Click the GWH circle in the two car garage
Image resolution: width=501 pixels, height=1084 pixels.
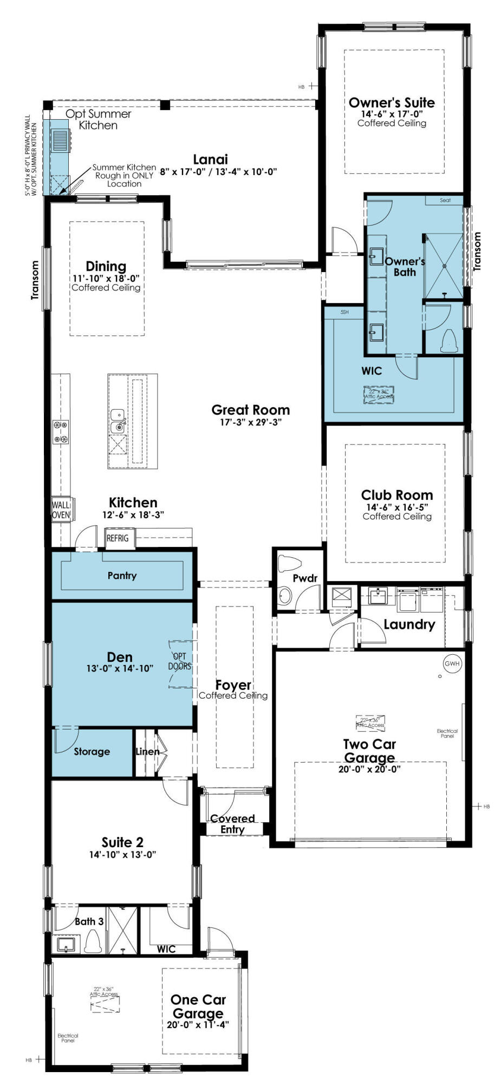click(x=452, y=663)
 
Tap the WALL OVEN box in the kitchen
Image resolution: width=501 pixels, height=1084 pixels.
click(x=61, y=510)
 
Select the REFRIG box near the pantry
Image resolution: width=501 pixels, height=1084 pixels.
click(x=118, y=538)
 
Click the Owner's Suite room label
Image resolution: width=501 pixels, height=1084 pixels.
click(x=392, y=102)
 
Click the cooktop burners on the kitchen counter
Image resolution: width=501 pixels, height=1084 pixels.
click(x=61, y=432)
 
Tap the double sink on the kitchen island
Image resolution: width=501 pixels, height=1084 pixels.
click(x=118, y=421)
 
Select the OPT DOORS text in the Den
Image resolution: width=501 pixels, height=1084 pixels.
click(x=180, y=662)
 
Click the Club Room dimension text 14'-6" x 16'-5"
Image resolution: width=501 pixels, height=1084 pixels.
click(x=397, y=507)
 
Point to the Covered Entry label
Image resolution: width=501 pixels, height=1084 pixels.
click(x=232, y=824)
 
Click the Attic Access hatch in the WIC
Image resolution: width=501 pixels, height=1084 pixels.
click(x=379, y=394)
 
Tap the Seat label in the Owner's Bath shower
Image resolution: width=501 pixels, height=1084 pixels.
click(x=445, y=200)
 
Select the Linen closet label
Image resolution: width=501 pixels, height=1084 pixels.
click(x=147, y=751)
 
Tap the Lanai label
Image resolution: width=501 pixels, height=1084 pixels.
click(x=210, y=159)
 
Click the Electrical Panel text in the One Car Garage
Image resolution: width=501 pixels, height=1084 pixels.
click(x=68, y=1037)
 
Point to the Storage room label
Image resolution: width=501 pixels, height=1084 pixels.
click(x=92, y=751)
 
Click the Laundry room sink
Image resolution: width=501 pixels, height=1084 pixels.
click(x=378, y=596)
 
